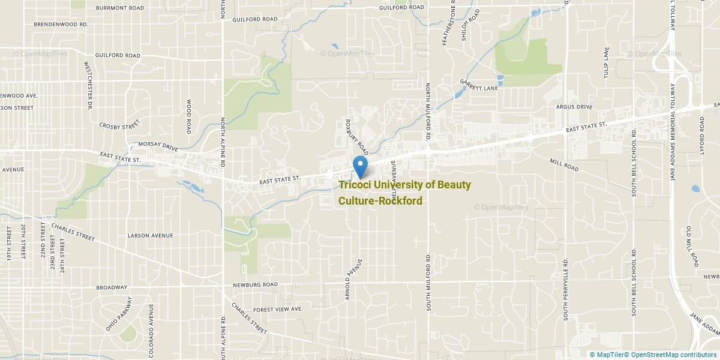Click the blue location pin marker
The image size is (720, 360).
[360, 166]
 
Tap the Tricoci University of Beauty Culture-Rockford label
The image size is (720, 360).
[404, 193]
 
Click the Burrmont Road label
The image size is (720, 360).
[120, 8]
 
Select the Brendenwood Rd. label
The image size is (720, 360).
[61, 24]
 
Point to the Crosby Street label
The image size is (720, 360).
[119, 125]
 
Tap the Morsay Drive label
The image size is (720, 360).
[158, 146]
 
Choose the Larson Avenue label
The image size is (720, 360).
[150, 236]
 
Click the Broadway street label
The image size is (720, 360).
[112, 287]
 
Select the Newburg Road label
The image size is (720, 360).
[256, 284]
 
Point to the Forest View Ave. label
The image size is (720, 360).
[278, 309]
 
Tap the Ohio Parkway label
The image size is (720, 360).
[119, 314]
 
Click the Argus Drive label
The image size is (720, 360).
[574, 107]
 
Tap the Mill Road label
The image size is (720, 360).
[564, 165]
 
